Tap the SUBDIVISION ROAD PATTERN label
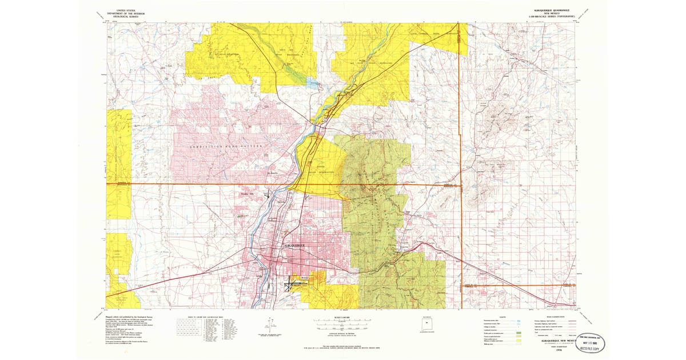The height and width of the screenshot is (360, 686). click(x=226, y=147)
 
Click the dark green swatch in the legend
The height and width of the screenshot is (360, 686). click(x=518, y=332)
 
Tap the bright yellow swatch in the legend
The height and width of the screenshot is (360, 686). click(x=518, y=341)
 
